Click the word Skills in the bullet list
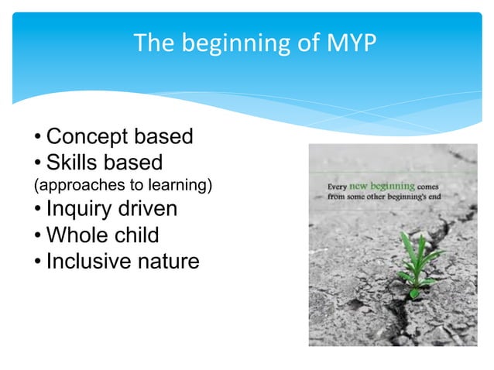coord(74,163)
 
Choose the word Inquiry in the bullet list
coord(80,210)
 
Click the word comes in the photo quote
coord(431,187)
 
